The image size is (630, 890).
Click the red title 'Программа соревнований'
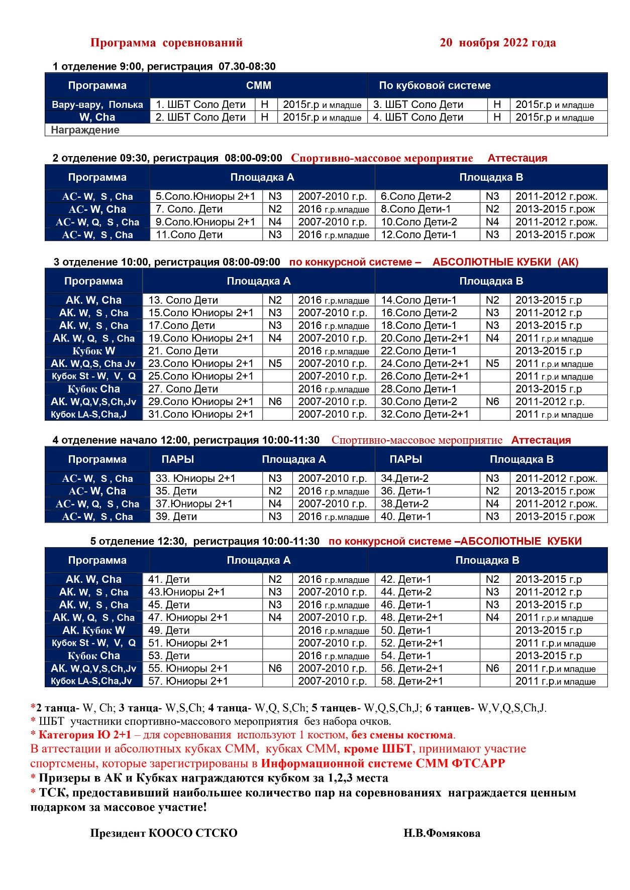pos(166,43)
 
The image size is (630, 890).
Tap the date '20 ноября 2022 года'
pos(497,43)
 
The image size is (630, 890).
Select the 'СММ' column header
pos(258,85)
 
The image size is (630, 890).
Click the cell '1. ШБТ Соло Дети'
pos(200,104)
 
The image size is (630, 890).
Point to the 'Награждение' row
pos(85,130)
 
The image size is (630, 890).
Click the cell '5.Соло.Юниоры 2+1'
pos(205,196)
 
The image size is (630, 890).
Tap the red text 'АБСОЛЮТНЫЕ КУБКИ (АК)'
pos(505,262)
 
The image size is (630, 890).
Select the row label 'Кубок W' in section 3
pos(93,351)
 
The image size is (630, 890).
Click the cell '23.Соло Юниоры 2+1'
pos(200,363)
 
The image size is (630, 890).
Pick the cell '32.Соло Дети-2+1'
pos(425,414)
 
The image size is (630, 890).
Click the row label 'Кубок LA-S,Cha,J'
pos(89,414)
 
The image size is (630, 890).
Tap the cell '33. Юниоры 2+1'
pos(195,478)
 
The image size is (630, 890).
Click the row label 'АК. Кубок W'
pos(93,630)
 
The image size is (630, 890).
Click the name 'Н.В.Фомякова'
pos(442,833)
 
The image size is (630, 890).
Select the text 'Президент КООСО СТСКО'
pos(164,833)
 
